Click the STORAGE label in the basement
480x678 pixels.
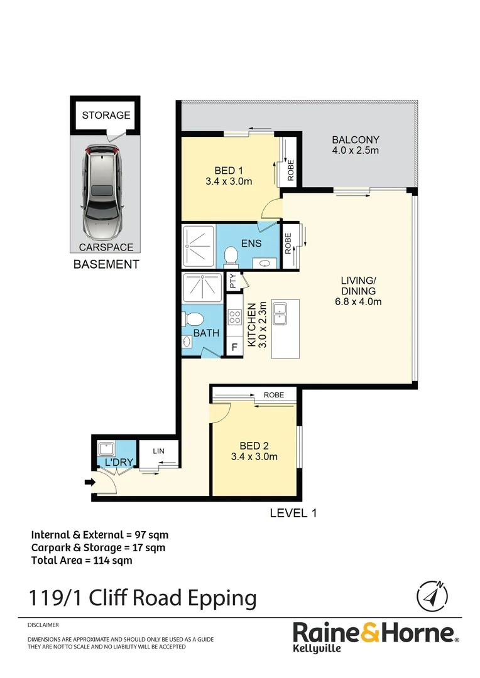point(106,115)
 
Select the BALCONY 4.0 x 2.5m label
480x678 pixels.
point(356,145)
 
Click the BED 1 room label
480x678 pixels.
point(229,176)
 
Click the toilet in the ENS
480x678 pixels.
point(231,256)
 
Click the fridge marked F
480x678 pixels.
point(234,347)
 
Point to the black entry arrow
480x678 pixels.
point(89,482)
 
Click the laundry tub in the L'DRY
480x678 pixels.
point(106,449)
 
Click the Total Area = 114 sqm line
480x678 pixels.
point(82,561)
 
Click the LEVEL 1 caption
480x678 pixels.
point(293,513)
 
